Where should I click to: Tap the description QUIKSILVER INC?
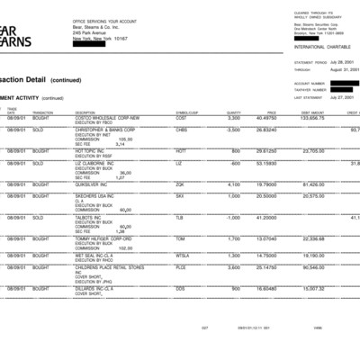95,184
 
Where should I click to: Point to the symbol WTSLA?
183,255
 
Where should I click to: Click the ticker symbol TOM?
180,238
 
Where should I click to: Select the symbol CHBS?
181,129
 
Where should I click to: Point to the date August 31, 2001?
338,69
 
